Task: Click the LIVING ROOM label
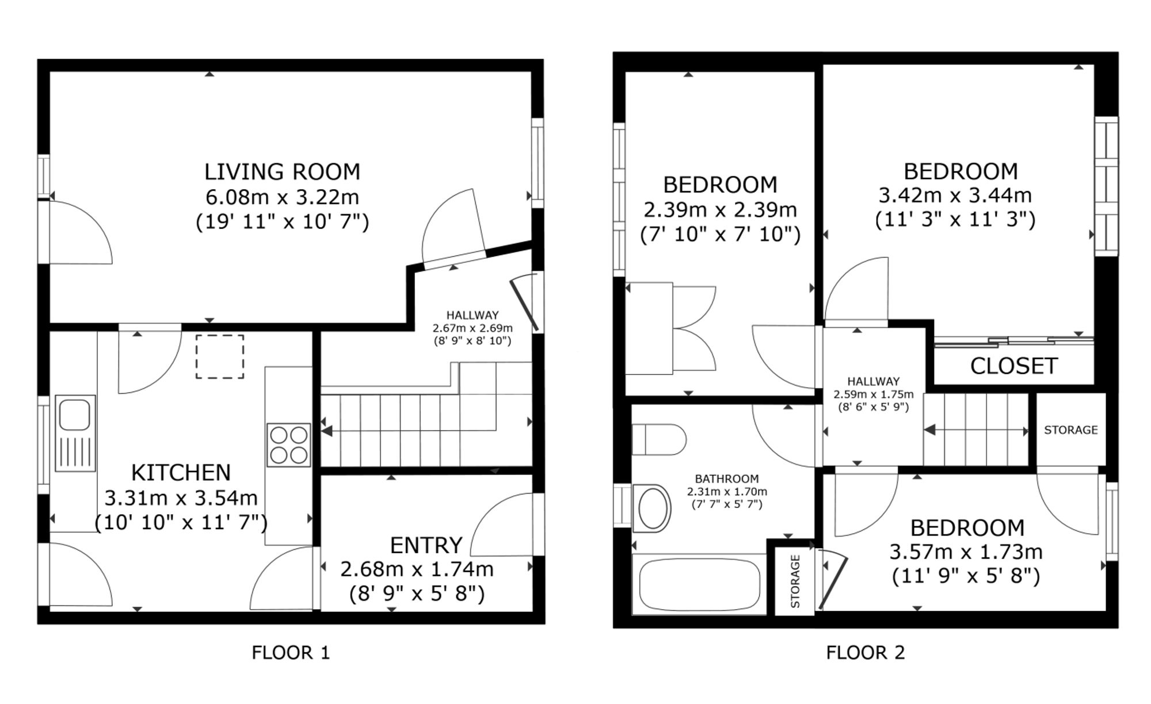[282, 171]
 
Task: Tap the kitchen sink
[75, 433]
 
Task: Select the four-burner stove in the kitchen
[288, 445]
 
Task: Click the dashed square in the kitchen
[220, 357]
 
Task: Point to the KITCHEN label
[181, 473]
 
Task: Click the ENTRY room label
[426, 545]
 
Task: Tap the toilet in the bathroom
[659, 440]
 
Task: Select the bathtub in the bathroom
[699, 584]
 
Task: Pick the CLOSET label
[1013, 366]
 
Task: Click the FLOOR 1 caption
[291, 652]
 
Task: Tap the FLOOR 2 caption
[865, 652]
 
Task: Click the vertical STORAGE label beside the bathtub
[795, 581]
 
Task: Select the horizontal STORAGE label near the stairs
[1070, 430]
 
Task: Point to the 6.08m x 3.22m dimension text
[282, 197]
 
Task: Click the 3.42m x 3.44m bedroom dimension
[955, 196]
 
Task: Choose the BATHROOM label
[726, 479]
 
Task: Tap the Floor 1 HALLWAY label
[472, 315]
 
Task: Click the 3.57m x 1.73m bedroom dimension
[966, 552]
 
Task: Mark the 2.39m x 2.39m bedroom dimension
[720, 210]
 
